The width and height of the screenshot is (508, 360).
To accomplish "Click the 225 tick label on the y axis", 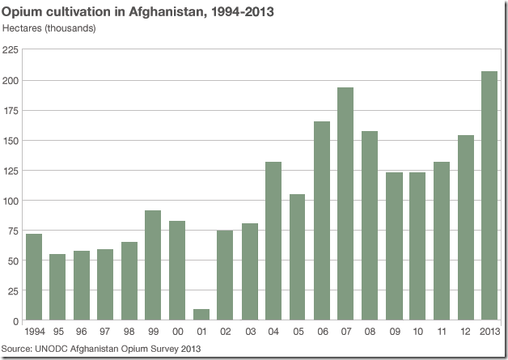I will (x=11, y=50).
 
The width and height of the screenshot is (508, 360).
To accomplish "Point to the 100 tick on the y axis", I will (x=11, y=201).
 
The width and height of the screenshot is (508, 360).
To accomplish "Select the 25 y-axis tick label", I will (x=13, y=290).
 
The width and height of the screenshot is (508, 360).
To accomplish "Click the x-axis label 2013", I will (x=489, y=332).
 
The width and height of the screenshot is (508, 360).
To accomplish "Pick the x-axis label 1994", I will (x=33, y=332).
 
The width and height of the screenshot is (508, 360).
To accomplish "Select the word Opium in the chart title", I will (x=23, y=12).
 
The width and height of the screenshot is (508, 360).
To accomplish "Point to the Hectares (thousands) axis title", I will (x=49, y=28).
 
